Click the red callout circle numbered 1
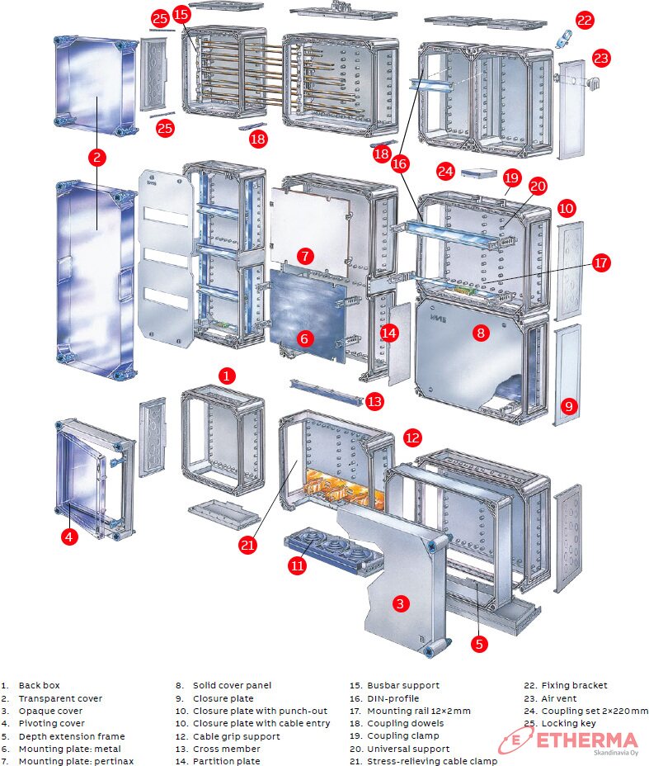[227, 375]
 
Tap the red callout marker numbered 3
[400, 603]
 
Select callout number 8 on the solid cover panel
[482, 333]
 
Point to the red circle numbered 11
[297, 566]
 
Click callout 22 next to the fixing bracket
[584, 21]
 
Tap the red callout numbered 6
[304, 338]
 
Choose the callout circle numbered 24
[446, 172]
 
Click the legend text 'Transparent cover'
[60, 698]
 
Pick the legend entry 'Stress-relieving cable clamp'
[432, 761]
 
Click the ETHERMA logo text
[587, 740]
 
